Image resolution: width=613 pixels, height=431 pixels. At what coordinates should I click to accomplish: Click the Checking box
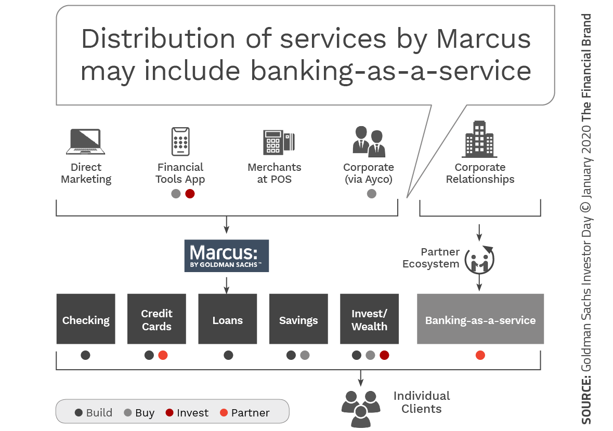86,319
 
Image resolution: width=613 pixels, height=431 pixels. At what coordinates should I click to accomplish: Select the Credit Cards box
156,319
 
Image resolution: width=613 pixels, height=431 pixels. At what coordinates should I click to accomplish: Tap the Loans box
227,319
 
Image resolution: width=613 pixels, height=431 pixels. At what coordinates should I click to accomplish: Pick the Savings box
298,319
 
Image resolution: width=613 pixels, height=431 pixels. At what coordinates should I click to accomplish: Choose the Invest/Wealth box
369,319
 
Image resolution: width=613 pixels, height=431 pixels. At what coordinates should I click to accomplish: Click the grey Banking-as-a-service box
480,319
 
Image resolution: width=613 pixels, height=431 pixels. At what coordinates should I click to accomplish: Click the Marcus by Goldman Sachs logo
226,255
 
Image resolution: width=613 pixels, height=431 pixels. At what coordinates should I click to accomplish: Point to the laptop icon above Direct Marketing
85,142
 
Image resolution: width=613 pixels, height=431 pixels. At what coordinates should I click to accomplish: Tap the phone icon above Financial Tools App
180,141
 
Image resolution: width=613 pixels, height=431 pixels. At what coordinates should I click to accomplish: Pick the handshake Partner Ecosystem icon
479,258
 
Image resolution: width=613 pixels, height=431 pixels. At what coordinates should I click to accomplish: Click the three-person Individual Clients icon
360,407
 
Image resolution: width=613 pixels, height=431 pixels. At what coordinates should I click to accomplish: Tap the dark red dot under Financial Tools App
190,194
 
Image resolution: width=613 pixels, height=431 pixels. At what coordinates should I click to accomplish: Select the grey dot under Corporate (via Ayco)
371,194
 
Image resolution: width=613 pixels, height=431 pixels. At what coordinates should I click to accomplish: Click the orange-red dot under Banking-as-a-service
480,355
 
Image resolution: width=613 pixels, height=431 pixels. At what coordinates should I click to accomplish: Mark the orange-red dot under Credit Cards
163,355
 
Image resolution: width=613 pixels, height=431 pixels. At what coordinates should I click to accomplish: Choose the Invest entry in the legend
187,413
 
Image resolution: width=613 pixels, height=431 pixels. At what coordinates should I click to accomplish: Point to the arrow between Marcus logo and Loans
226,284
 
